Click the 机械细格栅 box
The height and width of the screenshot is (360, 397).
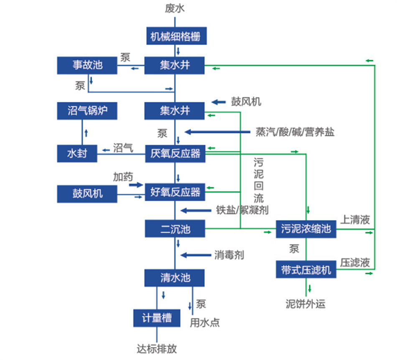[175, 36]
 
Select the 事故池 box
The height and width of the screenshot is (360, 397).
[87, 66]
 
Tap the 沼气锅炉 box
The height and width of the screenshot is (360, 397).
[87, 111]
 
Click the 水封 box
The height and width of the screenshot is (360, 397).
[77, 153]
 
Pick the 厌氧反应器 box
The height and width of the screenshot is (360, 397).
[175, 153]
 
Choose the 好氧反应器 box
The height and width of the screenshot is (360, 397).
[175, 192]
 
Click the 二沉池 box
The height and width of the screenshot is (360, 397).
[175, 229]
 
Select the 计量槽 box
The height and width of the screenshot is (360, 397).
[157, 318]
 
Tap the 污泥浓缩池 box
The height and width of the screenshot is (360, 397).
[306, 229]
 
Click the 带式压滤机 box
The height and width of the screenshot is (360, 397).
[306, 270]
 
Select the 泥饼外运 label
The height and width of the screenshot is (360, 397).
[305, 304]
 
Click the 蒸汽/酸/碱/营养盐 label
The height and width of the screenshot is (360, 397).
[295, 132]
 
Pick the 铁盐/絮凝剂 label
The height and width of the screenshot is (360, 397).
[242, 210]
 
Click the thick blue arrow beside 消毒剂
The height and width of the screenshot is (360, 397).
[194, 255]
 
